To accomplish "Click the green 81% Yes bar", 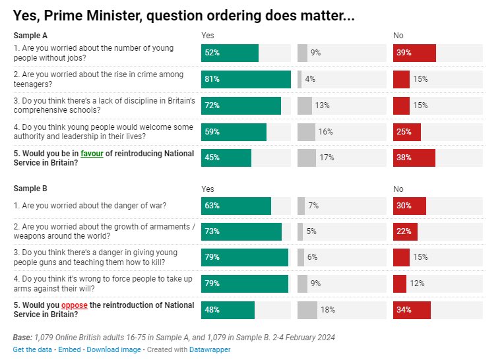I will (x=245, y=79).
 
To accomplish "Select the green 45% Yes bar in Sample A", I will (x=226, y=158).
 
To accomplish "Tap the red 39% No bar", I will (x=414, y=53).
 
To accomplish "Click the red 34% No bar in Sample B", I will (x=412, y=310).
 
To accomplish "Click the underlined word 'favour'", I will (x=92, y=154).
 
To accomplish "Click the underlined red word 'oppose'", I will (x=74, y=305).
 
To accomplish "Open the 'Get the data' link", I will (x=32, y=349).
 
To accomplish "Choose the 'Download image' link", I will (x=113, y=349).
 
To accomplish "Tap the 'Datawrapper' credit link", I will (x=209, y=349).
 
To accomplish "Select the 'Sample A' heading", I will (x=30, y=35).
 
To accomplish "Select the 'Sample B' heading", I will (x=30, y=189).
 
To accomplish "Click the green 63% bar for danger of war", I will (x=236, y=206).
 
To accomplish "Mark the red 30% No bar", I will (x=409, y=206).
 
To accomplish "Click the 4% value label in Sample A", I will (x=309, y=79).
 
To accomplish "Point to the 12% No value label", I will (x=416, y=284).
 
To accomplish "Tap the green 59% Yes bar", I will (x=234, y=132).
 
